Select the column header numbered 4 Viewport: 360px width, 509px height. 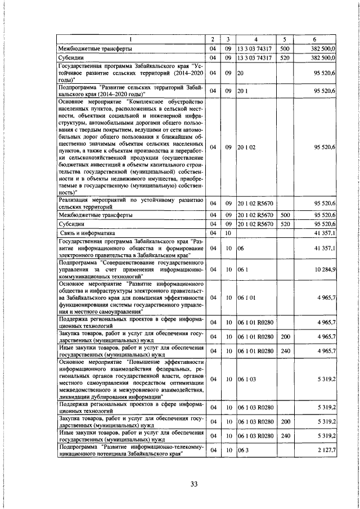(x=256, y=39)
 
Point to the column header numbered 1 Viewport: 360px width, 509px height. (x=132, y=39)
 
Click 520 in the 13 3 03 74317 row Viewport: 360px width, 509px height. (x=285, y=57)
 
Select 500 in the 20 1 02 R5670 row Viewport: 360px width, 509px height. (x=285, y=214)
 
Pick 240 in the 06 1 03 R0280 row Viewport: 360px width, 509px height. (x=285, y=436)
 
